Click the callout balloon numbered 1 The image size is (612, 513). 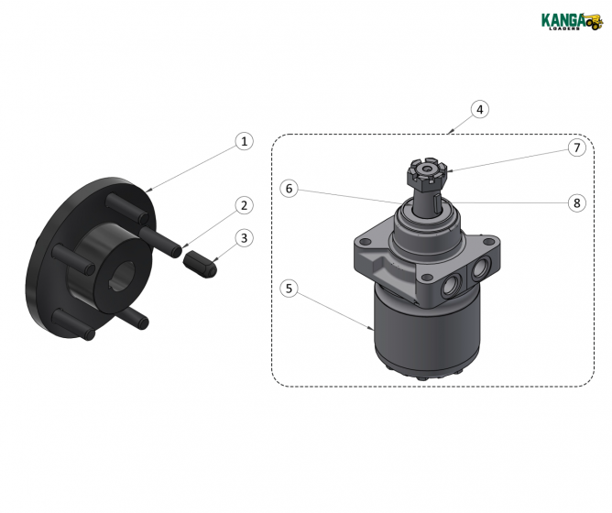pos(243,141)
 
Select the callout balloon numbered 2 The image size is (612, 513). pos(243,205)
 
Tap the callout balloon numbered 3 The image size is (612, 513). pos(243,238)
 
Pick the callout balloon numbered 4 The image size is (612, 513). pos(479,109)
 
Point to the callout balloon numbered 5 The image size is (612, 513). pos(289,289)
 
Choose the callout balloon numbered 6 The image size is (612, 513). pos(289,188)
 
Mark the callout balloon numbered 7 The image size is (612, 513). pos(575,147)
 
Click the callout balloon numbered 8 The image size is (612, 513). pos(575,203)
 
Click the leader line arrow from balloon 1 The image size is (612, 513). pos(192,167)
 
